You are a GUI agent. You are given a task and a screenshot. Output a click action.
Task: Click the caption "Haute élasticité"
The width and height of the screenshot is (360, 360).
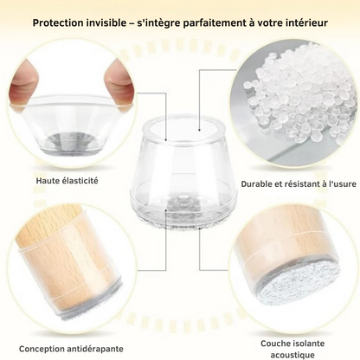tap(67, 181)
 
